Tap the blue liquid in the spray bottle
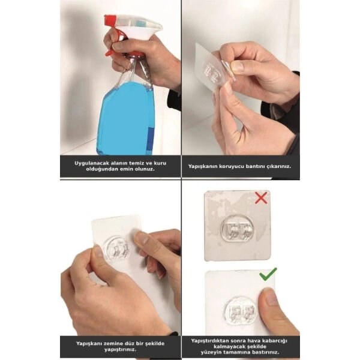tap(126, 120)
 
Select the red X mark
tap(261, 197)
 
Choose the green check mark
tap(267, 275)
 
